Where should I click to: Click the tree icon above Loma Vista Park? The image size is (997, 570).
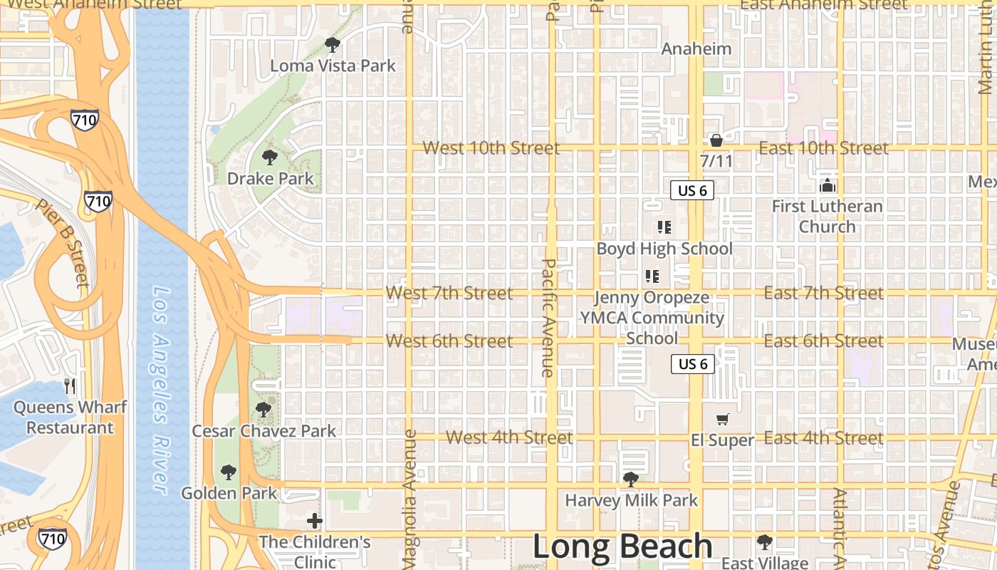point(332,45)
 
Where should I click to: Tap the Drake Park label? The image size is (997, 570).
point(270,178)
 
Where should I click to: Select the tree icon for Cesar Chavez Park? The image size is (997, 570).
point(263,410)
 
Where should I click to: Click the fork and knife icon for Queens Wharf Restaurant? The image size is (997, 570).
point(70,386)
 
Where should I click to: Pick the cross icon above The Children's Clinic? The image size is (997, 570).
point(315,521)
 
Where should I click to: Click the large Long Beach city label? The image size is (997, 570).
point(622,546)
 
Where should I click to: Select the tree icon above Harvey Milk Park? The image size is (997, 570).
point(631,480)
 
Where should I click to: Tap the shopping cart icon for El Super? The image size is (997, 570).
point(723,420)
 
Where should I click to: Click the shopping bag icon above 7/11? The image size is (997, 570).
point(716,140)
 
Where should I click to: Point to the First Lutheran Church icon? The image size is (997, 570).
point(828,186)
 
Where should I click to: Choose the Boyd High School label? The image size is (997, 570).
point(664,249)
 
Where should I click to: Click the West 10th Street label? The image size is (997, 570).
point(491,148)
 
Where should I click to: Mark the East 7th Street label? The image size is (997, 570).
point(823,293)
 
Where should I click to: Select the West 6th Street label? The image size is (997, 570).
point(449,341)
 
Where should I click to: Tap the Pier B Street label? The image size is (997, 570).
point(63,242)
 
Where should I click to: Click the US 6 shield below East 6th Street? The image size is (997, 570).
point(693,364)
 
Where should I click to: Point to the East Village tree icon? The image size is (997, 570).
point(764,542)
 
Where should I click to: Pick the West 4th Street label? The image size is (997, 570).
point(509,437)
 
